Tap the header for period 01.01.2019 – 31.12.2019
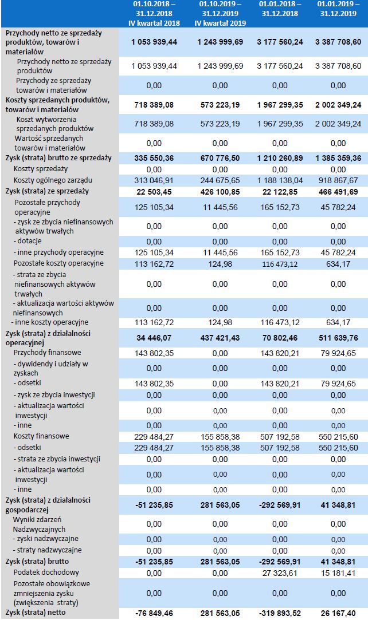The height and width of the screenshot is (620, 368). click(338, 13)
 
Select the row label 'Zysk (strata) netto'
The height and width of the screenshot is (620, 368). click(36, 613)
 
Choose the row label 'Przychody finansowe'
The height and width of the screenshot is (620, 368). click(47, 353)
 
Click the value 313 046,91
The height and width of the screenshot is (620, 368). click(153, 180)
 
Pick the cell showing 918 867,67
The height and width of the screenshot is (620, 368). click(338, 180)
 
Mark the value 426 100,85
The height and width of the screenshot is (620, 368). click(221, 191)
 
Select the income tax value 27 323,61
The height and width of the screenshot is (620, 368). click(281, 572)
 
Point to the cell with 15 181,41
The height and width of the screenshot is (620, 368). click(338, 572)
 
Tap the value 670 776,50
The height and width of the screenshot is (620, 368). click(221, 157)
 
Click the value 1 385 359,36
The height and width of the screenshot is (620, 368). click(338, 157)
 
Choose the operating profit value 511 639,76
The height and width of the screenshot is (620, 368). click(338, 338)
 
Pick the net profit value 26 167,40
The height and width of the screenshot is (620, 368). click(338, 613)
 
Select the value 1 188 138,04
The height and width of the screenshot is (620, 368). click(281, 180)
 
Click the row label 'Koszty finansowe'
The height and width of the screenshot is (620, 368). click(43, 436)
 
